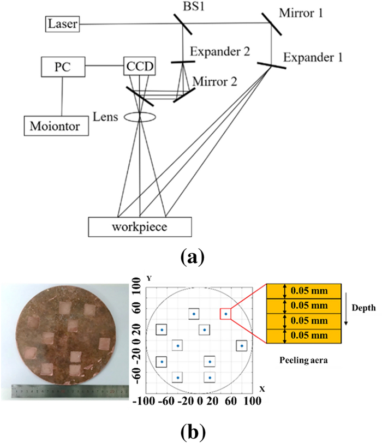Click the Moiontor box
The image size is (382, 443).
click(52, 126)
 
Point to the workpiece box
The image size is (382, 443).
click(140, 225)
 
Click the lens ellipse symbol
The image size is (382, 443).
click(141, 116)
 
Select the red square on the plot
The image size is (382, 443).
click(225, 314)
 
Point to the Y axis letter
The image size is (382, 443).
click(141, 277)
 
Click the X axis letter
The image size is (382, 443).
click(262, 389)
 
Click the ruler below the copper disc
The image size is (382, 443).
click(67, 391)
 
